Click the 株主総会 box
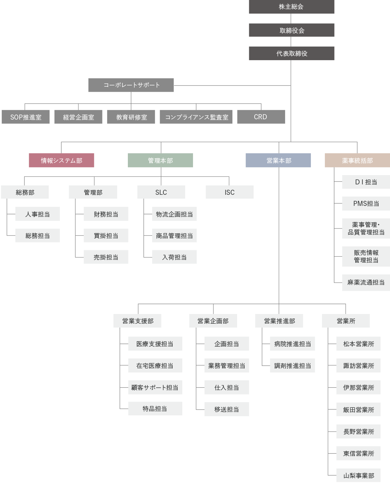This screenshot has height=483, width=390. (x=292, y=6)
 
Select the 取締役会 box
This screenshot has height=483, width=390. (x=292, y=30)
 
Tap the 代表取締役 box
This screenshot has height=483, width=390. (x=292, y=53)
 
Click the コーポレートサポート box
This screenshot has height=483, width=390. (x=131, y=85)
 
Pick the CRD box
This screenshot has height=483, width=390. (x=261, y=117)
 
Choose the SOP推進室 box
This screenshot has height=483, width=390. (x=26, y=117)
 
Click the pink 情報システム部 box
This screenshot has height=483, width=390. (x=62, y=160)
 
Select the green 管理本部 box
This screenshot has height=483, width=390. (x=160, y=160)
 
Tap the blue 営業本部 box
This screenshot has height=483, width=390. (x=278, y=160)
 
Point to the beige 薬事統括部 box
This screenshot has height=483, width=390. (x=357, y=160)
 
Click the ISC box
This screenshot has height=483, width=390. (x=230, y=192)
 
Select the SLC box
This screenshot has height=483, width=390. (x=161, y=192)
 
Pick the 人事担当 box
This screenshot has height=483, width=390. (x=38, y=214)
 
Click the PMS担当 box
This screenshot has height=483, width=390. (x=366, y=203)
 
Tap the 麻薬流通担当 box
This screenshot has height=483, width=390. (x=366, y=282)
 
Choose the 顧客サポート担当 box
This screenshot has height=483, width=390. (x=155, y=387)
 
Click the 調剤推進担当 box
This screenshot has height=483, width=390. (x=293, y=366)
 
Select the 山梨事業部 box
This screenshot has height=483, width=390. (x=358, y=475)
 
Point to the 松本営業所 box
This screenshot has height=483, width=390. (x=358, y=344)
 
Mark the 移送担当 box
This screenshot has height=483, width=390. (x=227, y=409)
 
